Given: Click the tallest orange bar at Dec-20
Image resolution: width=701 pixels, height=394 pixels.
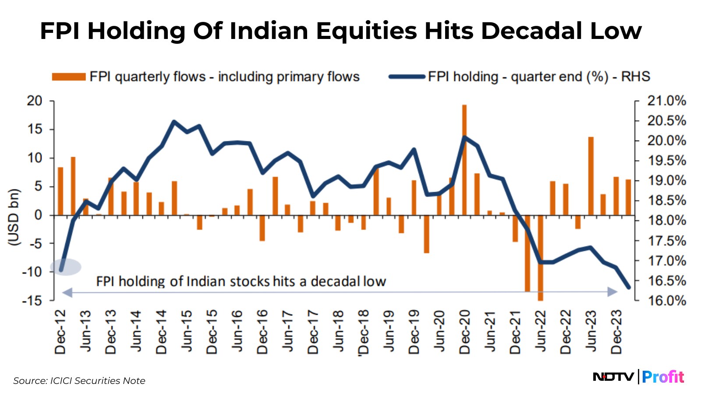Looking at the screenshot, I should pyautogui.click(x=464, y=160).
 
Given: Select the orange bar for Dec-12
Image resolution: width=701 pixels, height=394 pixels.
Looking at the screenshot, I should pyautogui.click(x=60, y=191).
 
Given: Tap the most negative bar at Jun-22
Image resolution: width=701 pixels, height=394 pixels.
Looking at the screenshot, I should pyautogui.click(x=540, y=258).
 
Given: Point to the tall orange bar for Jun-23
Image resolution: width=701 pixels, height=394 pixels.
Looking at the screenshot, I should pyautogui.click(x=591, y=176).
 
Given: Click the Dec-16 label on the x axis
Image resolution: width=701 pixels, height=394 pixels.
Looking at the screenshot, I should pyautogui.click(x=262, y=331).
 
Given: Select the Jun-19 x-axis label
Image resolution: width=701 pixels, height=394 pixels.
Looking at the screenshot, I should pyautogui.click(x=389, y=331).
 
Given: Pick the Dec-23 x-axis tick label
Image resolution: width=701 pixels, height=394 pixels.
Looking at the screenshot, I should pyautogui.click(x=616, y=331).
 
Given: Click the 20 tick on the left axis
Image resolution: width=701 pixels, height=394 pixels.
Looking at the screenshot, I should pyautogui.click(x=35, y=101).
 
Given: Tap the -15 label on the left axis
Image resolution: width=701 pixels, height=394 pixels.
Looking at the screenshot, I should pyautogui.click(x=32, y=301).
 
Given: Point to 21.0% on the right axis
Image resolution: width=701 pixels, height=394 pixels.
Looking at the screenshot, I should pyautogui.click(x=666, y=101).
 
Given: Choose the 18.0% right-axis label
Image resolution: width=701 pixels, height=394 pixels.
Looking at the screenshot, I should pyautogui.click(x=666, y=221).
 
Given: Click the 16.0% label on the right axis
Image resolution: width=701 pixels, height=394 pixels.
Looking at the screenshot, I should pyautogui.click(x=666, y=301).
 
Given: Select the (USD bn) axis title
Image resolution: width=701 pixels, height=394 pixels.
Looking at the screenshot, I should pyautogui.click(x=14, y=217).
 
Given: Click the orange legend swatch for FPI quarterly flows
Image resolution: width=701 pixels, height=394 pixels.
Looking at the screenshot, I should pyautogui.click(x=68, y=77).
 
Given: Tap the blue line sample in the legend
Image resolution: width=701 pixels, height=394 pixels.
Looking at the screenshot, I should pyautogui.click(x=407, y=77).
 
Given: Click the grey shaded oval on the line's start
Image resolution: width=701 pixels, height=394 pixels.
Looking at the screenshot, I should pyautogui.click(x=66, y=267).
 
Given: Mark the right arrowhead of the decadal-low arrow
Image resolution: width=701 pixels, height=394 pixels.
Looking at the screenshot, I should pyautogui.click(x=612, y=292).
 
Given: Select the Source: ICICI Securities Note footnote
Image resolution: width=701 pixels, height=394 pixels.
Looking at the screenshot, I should pyautogui.click(x=79, y=381).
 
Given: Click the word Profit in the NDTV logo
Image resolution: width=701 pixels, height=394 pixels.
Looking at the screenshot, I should pyautogui.click(x=663, y=377).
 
